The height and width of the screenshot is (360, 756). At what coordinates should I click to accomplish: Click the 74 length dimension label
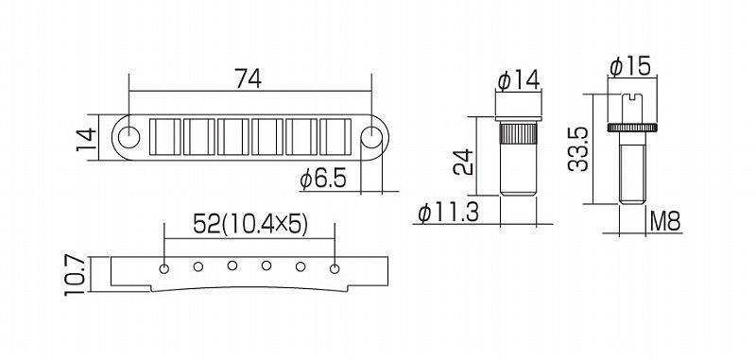pos(248,78)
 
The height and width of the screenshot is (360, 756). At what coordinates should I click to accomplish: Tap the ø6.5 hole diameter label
pos(323,180)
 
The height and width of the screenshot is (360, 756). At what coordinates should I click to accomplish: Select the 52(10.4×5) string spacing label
pos(249,224)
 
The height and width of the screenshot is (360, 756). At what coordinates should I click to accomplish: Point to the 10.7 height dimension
pos(76,275)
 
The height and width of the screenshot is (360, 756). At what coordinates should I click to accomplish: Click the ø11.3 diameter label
pos(448,213)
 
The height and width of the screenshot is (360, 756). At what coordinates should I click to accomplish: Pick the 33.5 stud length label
pos(577,149)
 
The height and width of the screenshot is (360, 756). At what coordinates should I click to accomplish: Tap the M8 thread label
pos(665,222)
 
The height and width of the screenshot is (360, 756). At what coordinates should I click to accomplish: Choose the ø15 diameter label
pos(630,65)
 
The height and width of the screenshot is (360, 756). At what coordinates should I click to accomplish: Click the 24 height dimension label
pos(462,163)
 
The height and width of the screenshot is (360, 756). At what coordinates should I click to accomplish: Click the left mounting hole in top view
pos(129,137)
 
